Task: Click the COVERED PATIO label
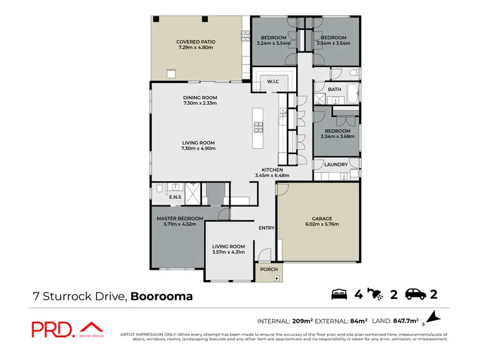tap(195, 42)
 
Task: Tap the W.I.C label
tap(273, 81)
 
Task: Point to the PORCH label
tap(268, 269)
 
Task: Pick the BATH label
tap(334, 89)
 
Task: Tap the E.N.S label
tap(175, 197)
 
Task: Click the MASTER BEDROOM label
tap(180, 218)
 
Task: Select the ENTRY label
tap(266, 228)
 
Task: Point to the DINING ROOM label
tap(199, 97)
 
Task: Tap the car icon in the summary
tap(416, 295)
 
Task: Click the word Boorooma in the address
tap(162, 296)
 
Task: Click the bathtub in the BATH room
tap(351, 94)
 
